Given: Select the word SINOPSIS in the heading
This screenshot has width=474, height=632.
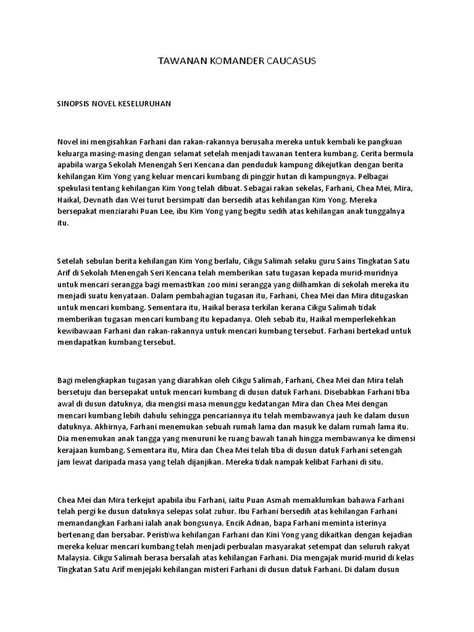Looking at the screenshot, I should pyautogui.click(x=73, y=104).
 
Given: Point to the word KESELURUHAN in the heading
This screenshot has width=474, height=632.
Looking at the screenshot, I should pyautogui.click(x=146, y=104).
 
